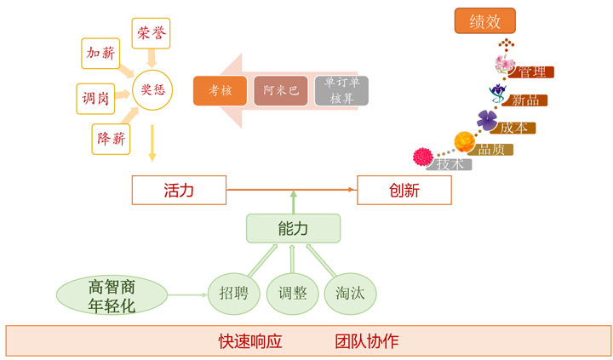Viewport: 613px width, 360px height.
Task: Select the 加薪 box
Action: click(100, 54)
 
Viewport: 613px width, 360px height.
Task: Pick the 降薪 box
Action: click(112, 138)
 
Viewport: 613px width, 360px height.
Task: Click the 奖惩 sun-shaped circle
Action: click(152, 88)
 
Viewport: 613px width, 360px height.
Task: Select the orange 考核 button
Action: click(220, 91)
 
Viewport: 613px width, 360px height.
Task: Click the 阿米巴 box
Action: click(281, 91)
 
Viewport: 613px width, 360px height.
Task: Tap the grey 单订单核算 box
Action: click(341, 91)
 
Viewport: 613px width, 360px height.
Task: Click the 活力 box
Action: click(179, 191)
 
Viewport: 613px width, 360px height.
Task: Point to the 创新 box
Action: click(404, 191)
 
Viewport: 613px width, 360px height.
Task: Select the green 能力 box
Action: click(293, 228)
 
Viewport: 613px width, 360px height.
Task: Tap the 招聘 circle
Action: click(233, 294)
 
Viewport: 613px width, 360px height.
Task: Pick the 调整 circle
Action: click(292, 294)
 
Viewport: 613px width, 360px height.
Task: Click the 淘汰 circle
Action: click(350, 294)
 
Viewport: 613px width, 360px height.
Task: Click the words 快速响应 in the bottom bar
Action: click(249, 342)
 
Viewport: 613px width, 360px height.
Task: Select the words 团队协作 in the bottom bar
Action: click(367, 342)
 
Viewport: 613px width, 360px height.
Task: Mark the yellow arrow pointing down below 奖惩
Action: click(152, 142)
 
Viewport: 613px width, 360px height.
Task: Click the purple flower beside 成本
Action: click(487, 120)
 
